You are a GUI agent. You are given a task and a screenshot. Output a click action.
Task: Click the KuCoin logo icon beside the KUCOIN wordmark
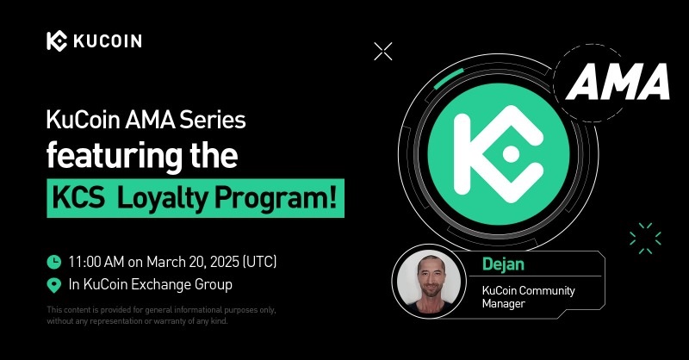pos(57,41)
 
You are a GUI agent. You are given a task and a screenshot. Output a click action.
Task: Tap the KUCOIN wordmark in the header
pos(108,41)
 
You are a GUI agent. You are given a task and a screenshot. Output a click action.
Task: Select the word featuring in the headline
pos(115,155)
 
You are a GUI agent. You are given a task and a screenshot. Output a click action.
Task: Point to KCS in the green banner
pos(78,198)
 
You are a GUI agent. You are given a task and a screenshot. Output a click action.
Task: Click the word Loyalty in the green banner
pos(162,199)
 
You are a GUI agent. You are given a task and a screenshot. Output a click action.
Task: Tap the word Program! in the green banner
pos(276,199)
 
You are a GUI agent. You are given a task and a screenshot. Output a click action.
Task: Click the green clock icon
pos(54,262)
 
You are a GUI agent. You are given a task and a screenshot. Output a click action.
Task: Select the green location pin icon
pos(54,285)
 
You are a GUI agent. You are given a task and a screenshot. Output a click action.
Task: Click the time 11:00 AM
pos(96,262)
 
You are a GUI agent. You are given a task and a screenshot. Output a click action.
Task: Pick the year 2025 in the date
pos(224,262)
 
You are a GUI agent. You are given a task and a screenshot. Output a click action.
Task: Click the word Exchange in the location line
pos(158,284)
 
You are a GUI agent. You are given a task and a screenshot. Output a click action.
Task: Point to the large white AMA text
pos(618,82)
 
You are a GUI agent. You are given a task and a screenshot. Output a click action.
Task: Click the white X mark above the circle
pos(383,52)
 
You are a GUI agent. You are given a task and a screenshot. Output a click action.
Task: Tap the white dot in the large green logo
pos(511,154)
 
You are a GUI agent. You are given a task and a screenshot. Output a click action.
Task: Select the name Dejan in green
pos(503,264)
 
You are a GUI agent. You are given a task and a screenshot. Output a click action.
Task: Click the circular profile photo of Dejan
pos(429,282)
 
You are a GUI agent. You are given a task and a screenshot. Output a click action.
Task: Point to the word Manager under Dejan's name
pos(503,304)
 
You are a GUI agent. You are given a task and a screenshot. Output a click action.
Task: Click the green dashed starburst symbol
pos(645,238)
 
